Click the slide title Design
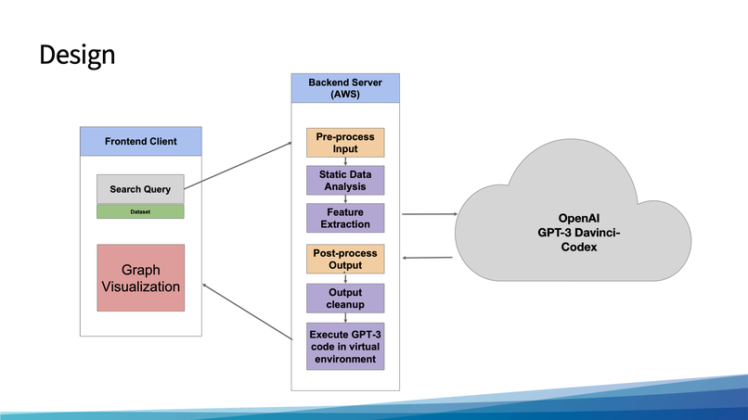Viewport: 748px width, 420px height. [x=77, y=55]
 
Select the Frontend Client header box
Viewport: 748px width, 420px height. [x=140, y=142]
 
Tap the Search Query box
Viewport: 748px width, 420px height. [x=140, y=189]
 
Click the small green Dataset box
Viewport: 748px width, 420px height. [x=140, y=211]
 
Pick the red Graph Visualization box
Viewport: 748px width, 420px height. [x=140, y=278]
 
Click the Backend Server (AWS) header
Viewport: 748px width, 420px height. [x=345, y=88]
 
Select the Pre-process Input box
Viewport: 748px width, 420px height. [x=345, y=143]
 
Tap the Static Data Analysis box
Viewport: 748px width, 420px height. [x=345, y=180]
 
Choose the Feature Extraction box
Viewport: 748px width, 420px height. [x=345, y=218]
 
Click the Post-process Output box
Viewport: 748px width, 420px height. [x=345, y=259]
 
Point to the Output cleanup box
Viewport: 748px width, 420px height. [x=345, y=298]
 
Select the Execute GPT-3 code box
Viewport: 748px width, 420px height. [x=345, y=346]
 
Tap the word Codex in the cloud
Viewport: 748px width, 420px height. [x=573, y=248]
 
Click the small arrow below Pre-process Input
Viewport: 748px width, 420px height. [x=345, y=161]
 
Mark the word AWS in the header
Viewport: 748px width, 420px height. [x=345, y=95]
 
